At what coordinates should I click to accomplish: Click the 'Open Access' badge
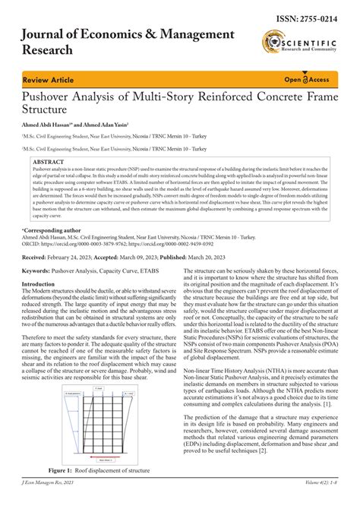pos(305,79)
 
